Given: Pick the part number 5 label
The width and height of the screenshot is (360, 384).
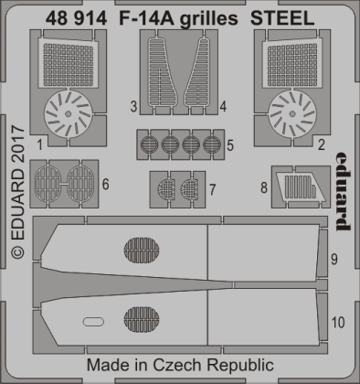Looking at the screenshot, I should point(232,144).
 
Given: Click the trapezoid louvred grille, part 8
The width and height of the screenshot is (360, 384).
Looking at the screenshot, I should point(292,187).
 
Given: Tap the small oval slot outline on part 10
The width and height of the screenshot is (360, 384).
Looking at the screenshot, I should point(92,321).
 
